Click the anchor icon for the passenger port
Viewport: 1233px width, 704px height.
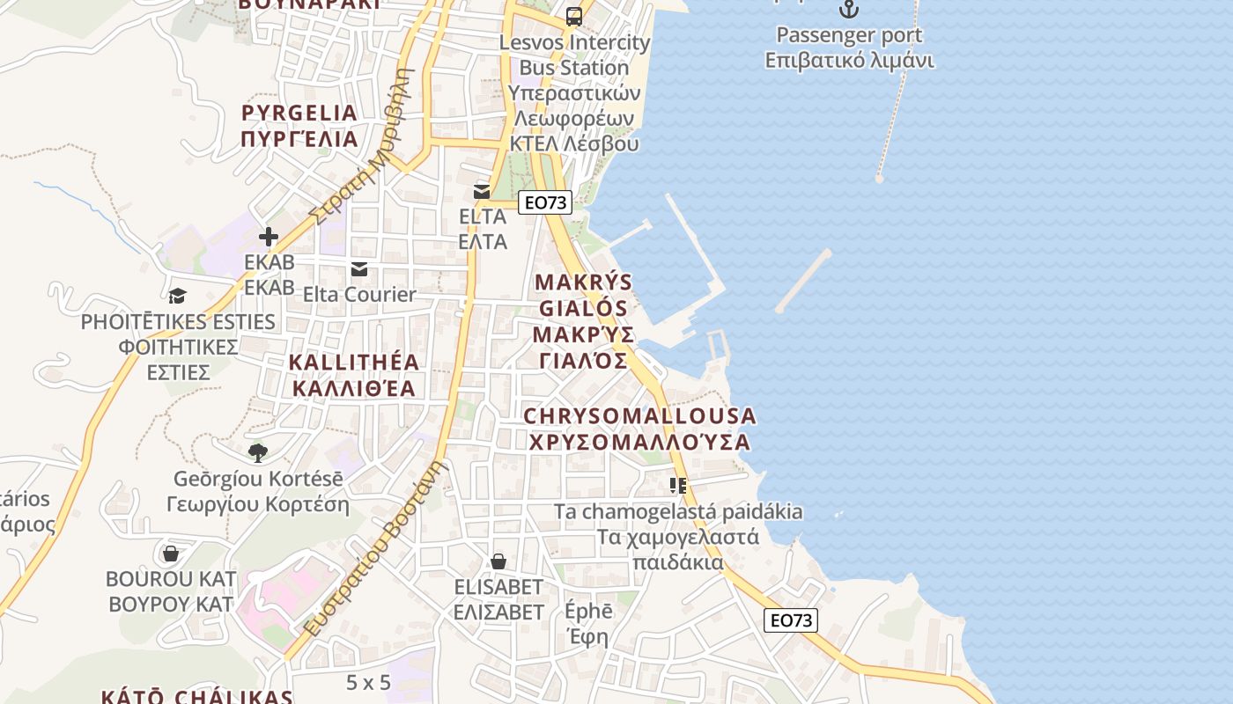click(x=848, y=9)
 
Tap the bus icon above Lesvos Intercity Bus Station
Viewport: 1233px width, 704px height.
click(x=574, y=16)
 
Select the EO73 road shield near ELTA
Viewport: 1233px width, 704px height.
click(x=545, y=202)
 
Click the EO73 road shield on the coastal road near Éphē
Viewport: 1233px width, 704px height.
click(x=790, y=620)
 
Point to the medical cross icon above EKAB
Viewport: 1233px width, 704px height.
click(x=269, y=237)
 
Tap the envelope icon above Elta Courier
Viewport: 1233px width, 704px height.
click(x=359, y=269)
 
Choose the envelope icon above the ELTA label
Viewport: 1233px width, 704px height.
click(x=482, y=191)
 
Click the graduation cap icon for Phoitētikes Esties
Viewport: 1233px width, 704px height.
click(x=178, y=296)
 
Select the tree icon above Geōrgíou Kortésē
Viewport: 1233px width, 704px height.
click(x=257, y=453)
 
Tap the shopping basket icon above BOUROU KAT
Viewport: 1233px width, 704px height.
click(x=171, y=554)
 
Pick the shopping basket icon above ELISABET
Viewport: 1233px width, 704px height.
click(x=498, y=561)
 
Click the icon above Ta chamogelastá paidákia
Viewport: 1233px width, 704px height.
click(x=677, y=485)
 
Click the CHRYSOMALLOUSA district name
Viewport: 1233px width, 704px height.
click(x=639, y=429)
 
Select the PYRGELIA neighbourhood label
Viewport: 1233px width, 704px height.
click(x=299, y=125)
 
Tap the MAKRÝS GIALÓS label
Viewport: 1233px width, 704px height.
click(x=583, y=321)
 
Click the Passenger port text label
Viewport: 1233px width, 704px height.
click(x=849, y=35)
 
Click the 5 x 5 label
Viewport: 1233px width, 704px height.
click(x=368, y=682)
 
